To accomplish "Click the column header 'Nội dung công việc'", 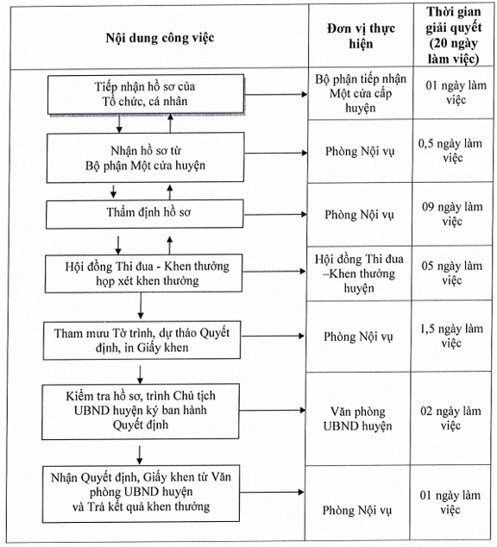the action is (160, 38).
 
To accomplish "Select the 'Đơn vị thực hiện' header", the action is (361, 36).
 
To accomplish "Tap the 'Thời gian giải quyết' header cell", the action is (453, 35).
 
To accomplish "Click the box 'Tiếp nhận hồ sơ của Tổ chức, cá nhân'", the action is (146, 94).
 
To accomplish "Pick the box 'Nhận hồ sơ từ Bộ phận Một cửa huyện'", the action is (146, 158).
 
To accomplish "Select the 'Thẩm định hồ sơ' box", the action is (145, 213).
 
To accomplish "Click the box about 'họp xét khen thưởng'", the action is (144, 273).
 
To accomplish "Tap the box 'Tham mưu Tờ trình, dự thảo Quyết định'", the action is (142, 341).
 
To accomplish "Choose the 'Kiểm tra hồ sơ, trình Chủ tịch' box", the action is (141, 412).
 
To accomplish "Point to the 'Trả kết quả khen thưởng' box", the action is (141, 494).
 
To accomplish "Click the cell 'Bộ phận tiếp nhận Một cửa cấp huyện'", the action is (361, 93).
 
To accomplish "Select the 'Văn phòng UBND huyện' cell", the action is (358, 418).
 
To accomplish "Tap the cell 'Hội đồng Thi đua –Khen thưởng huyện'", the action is (359, 273).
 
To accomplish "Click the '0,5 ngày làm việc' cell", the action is (453, 151).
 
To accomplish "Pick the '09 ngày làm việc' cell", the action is (452, 214).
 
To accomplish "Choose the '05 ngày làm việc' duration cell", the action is (452, 273).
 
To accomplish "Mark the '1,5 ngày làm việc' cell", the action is (451, 336).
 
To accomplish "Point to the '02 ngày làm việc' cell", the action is (451, 418).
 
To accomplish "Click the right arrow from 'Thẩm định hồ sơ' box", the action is (275, 214).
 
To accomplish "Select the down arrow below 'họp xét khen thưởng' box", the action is (141, 305).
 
